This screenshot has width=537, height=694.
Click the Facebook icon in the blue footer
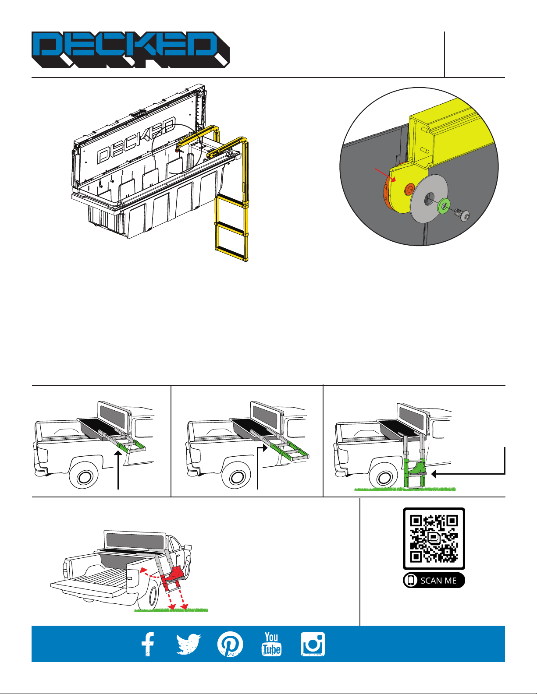148,644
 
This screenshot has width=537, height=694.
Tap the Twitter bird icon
188,644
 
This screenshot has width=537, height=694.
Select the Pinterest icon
230,644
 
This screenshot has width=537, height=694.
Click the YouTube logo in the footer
271,644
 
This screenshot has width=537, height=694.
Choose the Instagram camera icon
313,644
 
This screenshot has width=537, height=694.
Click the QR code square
434,539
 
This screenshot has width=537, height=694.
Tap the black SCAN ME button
434,581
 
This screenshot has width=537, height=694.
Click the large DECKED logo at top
131,49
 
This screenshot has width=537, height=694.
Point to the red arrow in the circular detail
385,174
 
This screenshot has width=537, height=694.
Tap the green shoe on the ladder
417,468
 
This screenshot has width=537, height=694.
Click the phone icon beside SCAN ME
411,581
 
